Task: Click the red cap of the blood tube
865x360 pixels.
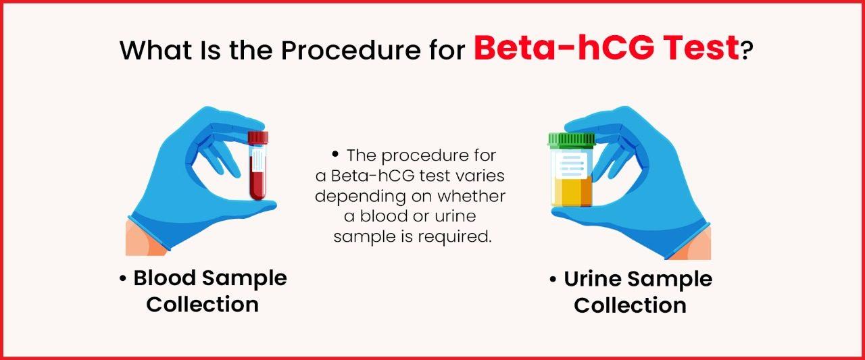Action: point(257,138)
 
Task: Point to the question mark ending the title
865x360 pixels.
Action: point(746,51)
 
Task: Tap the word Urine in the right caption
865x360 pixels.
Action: point(593,278)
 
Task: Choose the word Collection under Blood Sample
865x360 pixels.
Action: point(202,304)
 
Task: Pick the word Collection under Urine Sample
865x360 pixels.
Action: point(630,305)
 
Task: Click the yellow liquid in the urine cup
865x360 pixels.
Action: point(572,192)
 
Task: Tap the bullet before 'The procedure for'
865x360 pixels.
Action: point(335,155)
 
